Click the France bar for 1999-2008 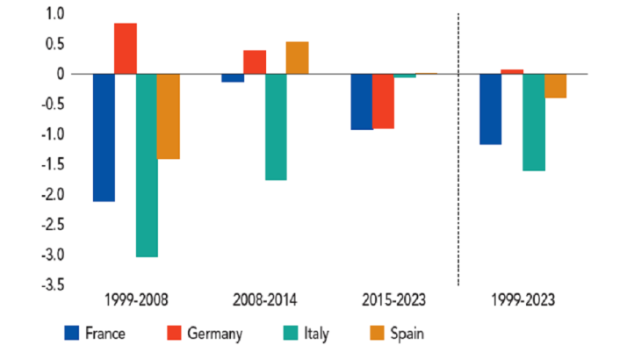(x=104, y=138)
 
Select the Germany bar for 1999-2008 (x=126, y=48)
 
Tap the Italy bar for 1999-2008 (x=148, y=165)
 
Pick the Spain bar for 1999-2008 (x=169, y=116)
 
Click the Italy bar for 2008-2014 (x=276, y=126)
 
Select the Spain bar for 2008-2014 (x=297, y=58)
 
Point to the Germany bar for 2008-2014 (x=255, y=62)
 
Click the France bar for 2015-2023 (x=362, y=102)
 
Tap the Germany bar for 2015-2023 (x=383, y=101)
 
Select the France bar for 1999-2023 (x=490, y=109)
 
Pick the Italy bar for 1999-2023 (x=533, y=122)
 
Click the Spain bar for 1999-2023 (x=555, y=86)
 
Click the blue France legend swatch (x=73, y=333)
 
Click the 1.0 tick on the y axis (x=56, y=14)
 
